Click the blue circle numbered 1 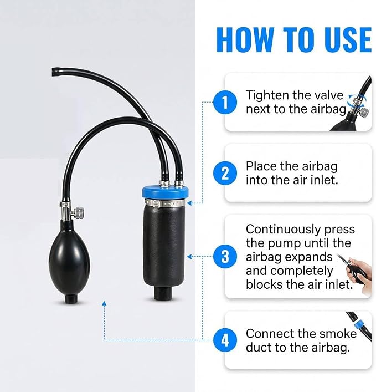[x=225, y=102]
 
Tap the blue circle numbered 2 [x=225, y=173]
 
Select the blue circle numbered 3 [x=225, y=257]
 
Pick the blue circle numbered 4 [x=225, y=340]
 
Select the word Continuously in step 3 [x=283, y=230]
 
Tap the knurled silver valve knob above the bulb [x=80, y=212]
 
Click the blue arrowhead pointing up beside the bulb [x=104, y=303]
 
